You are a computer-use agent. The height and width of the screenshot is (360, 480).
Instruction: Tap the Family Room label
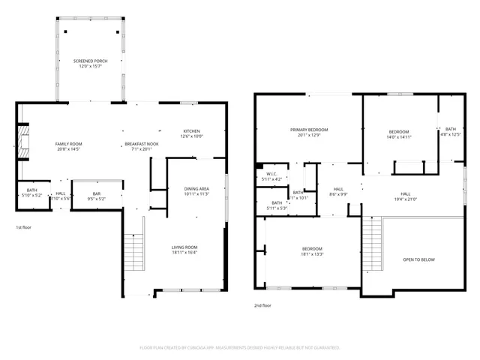(68, 145)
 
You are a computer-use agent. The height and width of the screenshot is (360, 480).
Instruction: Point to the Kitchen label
(191, 133)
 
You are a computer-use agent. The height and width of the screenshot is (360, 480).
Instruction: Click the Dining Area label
(196, 190)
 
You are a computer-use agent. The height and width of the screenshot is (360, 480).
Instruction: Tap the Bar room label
(97, 196)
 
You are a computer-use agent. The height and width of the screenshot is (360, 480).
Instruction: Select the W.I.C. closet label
(273, 176)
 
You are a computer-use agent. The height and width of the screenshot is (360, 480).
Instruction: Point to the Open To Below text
(418, 259)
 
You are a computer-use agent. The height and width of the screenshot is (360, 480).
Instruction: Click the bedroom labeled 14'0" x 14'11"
(398, 134)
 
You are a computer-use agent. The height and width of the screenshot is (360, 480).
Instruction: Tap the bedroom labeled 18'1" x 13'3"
(312, 251)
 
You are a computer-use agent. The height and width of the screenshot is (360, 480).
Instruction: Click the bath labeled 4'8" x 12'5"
(450, 132)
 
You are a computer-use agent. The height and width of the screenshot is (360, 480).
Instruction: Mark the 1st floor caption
(24, 226)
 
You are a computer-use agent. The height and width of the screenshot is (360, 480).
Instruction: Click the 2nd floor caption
(264, 306)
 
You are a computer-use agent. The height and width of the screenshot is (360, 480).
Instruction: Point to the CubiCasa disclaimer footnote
(240, 347)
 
